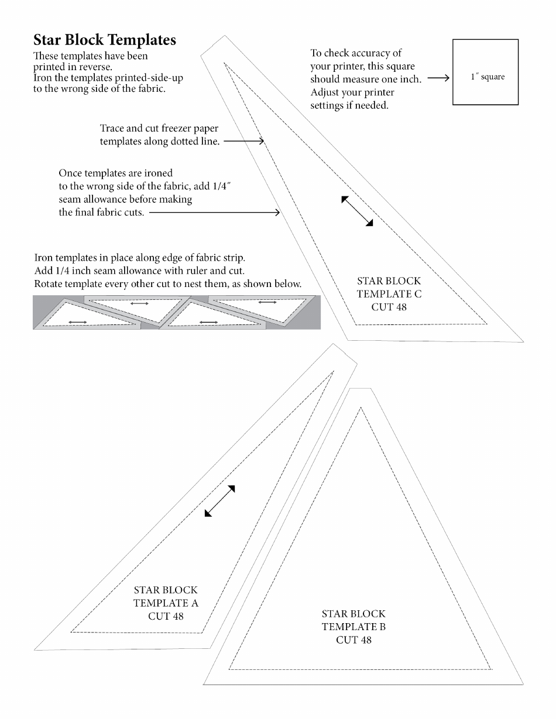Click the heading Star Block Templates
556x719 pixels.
105,40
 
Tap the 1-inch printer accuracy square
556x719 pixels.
486,72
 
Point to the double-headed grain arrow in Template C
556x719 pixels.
357,211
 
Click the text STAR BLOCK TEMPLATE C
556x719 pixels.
389,288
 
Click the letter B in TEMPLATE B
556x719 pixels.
382,627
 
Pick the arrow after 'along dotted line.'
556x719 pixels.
244,141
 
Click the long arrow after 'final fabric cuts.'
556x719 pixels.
214,213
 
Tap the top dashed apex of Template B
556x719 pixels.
360,408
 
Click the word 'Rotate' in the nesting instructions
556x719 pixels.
49,284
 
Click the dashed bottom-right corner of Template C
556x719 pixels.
486,323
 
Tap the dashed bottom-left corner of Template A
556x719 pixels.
71,631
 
